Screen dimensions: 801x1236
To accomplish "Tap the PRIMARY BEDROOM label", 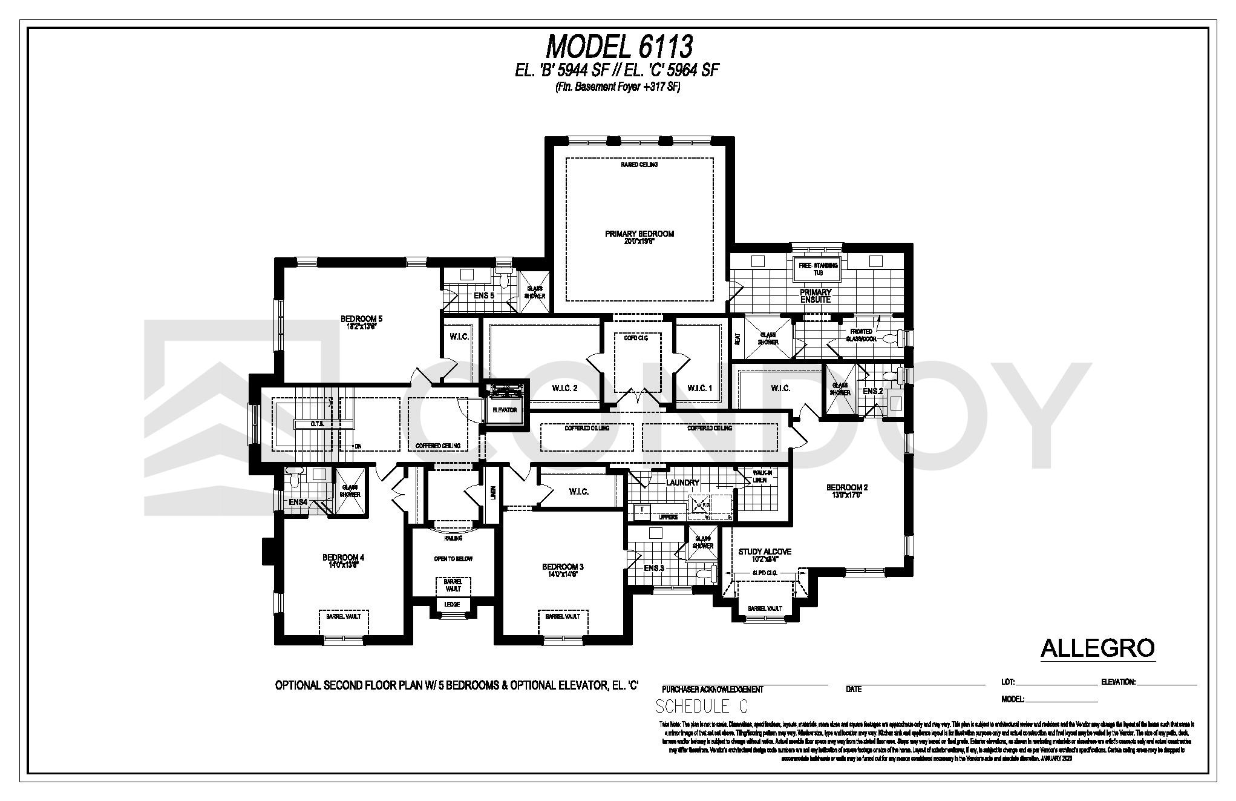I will click(639, 234).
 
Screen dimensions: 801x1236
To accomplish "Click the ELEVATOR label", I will click(505, 410).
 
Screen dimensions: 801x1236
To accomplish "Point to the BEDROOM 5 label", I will click(361, 319).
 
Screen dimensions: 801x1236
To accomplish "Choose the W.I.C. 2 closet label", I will click(564, 388).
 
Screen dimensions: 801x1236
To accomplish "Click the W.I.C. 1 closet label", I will click(700, 388).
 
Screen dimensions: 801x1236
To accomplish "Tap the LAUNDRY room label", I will click(682, 483).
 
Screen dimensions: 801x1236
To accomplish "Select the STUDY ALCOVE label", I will click(765, 552).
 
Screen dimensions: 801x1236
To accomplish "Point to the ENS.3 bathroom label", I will click(654, 568).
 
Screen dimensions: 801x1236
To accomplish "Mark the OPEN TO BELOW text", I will click(453, 559).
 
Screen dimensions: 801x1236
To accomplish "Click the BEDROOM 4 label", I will click(343, 558).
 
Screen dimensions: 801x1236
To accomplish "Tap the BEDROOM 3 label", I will click(563, 567).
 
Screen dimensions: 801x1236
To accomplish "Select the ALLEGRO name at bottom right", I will click(1097, 648).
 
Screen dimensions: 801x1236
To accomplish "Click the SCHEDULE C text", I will click(701, 707).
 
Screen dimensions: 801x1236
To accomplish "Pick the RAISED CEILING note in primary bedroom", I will click(639, 165).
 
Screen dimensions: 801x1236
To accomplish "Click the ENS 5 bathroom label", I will click(483, 295).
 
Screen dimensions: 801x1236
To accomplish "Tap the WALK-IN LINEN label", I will click(759, 476).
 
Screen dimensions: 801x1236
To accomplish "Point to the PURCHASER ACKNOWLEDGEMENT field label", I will click(712, 689).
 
